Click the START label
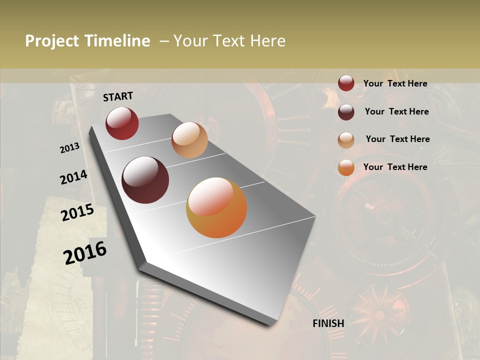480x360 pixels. [x=118, y=96]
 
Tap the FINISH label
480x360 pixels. [x=328, y=323]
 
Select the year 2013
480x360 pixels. [x=69, y=148]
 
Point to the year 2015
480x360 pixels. [x=77, y=212]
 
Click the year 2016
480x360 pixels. [x=85, y=253]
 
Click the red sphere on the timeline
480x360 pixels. [x=122, y=123]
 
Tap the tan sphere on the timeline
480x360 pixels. [x=189, y=140]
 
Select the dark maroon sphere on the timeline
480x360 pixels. [x=145, y=180]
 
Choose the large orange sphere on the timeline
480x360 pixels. [x=216, y=207]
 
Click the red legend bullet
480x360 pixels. [x=346, y=83]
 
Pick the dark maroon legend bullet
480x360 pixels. [x=346, y=112]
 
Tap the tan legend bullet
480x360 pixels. [x=346, y=140]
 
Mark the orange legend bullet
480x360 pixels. [x=346, y=167]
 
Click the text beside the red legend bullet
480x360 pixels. [x=395, y=84]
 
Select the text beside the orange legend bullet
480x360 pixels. [x=395, y=167]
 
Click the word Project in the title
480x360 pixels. [x=52, y=41]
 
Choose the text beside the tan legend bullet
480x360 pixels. [x=397, y=139]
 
